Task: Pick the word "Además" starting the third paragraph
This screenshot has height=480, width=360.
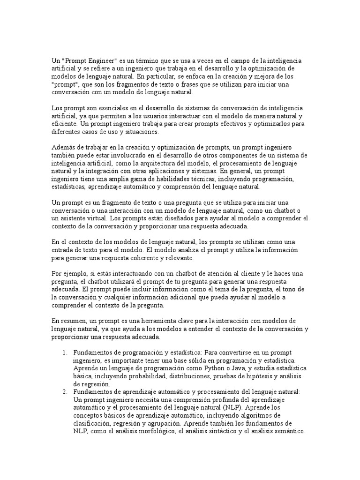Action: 62,148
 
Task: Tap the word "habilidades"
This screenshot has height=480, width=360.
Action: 159,179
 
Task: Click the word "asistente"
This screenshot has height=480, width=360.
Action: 74,218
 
